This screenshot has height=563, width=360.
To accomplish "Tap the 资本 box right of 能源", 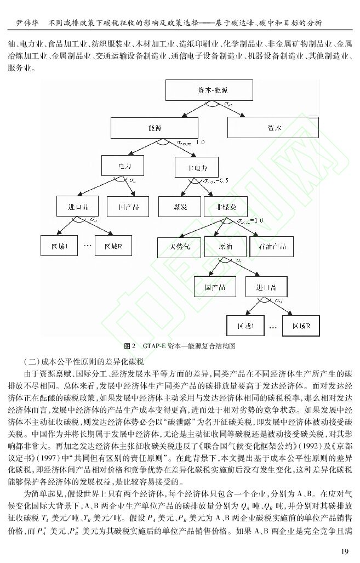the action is (274, 128).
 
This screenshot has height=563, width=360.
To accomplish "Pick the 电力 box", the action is (122, 165).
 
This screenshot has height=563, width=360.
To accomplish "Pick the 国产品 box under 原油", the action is (213, 287).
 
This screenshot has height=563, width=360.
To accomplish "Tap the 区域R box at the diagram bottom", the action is (301, 326).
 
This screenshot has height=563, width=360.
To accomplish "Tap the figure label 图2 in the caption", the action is (130, 346).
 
